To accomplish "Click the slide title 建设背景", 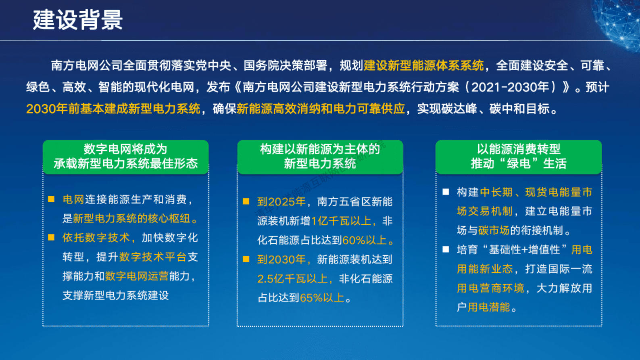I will pos(78,19).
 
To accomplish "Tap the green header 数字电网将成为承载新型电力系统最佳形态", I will pos(125,157).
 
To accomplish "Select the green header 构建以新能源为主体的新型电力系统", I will pos(320,157).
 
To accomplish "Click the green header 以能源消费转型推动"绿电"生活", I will pos(518,157).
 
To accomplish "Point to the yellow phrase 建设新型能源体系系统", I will pos(423,65).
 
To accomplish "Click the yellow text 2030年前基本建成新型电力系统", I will pos(113,109).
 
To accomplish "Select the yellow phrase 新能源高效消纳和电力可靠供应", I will pos(321,109).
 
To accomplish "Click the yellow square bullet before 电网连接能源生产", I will pos(51,199).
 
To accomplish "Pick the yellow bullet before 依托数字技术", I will pos(51,237).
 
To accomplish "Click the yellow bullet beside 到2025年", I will pos(246,201).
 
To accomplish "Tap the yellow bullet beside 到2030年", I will pos(246,259).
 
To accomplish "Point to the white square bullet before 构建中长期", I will pos(446,192).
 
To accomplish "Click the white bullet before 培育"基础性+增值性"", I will pos(446,249).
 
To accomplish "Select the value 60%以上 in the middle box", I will pos(365,240).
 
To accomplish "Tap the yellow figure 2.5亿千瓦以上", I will pos(293,278).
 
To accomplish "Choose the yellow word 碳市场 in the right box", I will pos(494,230).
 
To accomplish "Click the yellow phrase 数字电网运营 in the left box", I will pos(137,276).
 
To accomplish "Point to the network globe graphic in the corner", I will pos(619,22).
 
